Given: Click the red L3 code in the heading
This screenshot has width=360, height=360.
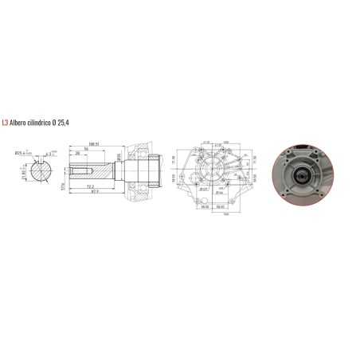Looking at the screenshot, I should pyautogui.click(x=6, y=123).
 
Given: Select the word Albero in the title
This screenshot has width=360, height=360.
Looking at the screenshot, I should pyautogui.click(x=21, y=123).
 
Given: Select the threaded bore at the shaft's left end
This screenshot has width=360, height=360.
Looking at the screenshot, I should pyautogui.click(x=73, y=170).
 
